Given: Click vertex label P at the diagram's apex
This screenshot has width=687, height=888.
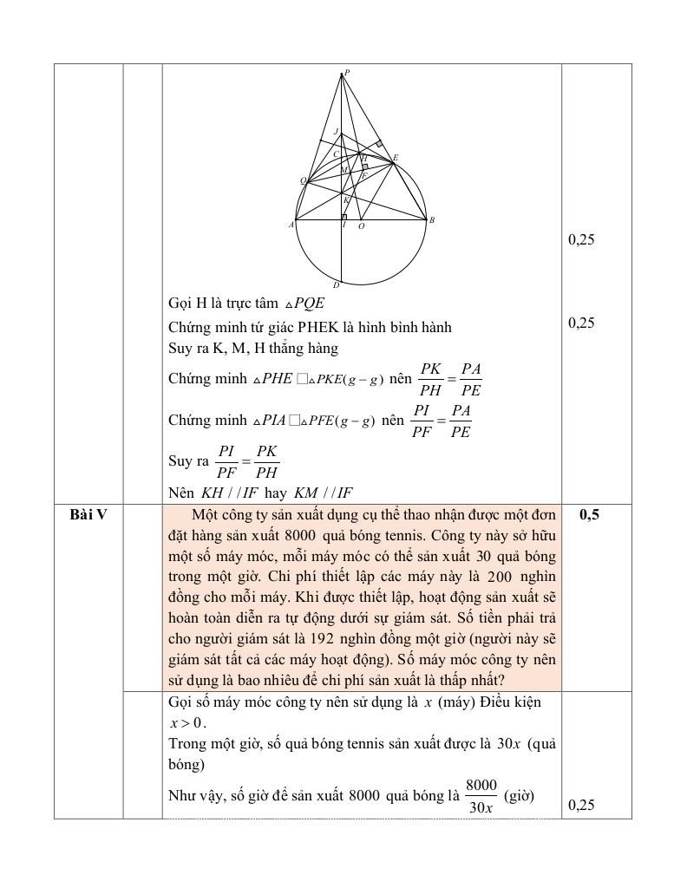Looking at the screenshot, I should [347, 72].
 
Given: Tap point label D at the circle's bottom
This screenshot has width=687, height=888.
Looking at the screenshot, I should [336, 284].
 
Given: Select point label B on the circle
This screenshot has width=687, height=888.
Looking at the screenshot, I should [432, 220].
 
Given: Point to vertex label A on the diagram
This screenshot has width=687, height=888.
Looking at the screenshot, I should [291, 225].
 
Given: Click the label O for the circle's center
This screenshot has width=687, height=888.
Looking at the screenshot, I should [361, 226].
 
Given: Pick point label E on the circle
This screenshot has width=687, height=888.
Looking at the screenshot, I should [396, 158].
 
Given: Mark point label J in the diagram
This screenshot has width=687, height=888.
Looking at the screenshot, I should [335, 132].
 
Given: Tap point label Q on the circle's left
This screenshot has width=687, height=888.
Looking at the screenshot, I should [303, 180].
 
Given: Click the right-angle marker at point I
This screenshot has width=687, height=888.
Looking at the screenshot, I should [344, 216].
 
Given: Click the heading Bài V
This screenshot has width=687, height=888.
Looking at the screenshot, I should [88, 515].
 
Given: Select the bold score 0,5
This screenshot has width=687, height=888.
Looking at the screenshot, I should [589, 515].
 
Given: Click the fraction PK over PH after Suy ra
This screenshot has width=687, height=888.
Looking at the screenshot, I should [267, 462].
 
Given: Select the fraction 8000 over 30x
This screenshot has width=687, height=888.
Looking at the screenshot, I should [481, 796].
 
